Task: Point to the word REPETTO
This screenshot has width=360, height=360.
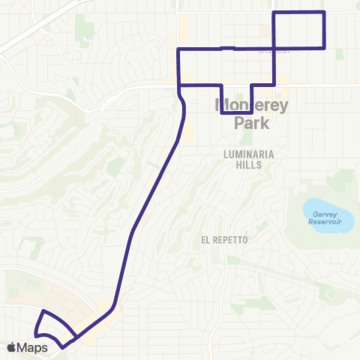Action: click(x=231, y=239)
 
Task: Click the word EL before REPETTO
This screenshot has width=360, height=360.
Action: click(x=206, y=239)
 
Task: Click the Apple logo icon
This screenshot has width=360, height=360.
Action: click(x=11, y=347)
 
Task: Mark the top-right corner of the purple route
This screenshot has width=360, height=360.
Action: click(x=324, y=13)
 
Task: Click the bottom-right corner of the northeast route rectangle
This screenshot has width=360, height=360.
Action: click(x=324, y=48)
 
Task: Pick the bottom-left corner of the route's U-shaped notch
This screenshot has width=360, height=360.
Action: click(x=223, y=113)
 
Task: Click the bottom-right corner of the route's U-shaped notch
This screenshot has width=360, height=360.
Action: click(x=250, y=113)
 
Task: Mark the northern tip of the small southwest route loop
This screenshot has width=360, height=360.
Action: click(x=43, y=310)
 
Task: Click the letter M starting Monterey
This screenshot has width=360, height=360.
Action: click(x=223, y=104)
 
